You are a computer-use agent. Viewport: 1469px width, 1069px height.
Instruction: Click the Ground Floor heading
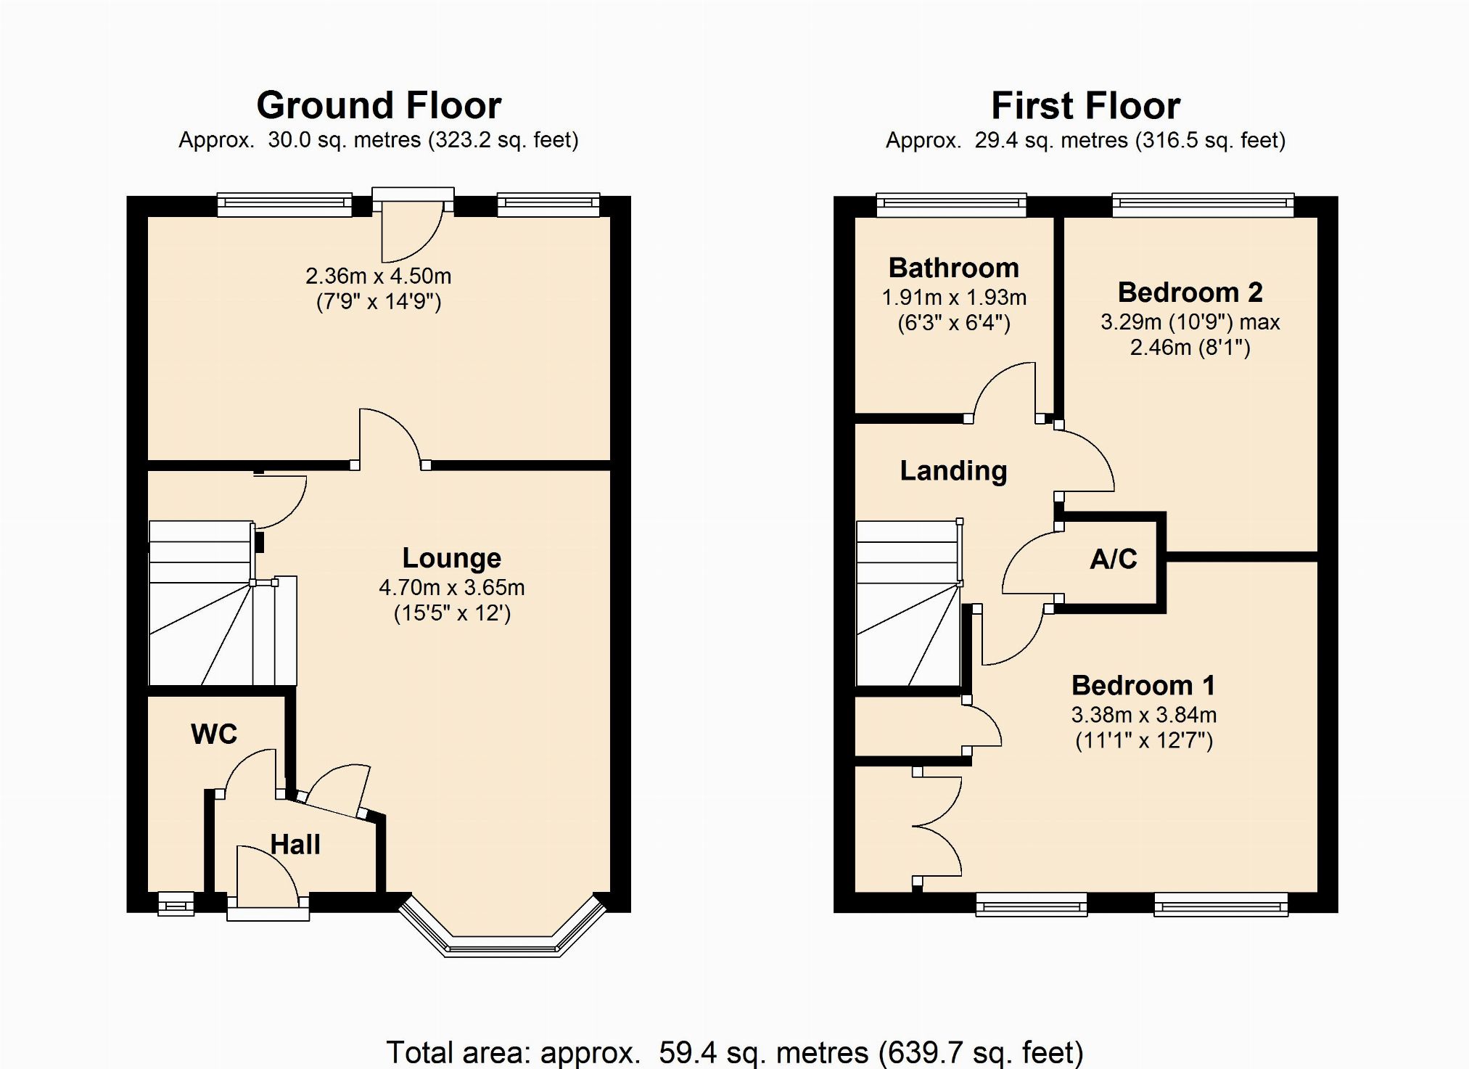click(379, 106)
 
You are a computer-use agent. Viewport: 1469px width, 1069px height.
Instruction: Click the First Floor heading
click(1085, 106)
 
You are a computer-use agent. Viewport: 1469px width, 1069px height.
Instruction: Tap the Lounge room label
click(452, 557)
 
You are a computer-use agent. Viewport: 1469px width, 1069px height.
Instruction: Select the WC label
click(214, 734)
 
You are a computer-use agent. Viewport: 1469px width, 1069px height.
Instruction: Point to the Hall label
click(295, 844)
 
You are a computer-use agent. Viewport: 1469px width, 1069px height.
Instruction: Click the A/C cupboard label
click(1114, 558)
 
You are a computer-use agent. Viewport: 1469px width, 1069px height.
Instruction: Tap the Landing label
click(953, 471)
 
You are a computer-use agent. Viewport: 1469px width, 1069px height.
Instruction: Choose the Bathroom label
click(953, 268)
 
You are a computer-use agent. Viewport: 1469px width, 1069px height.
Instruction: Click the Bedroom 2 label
click(1190, 292)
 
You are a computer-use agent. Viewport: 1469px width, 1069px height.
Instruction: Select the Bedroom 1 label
click(1143, 685)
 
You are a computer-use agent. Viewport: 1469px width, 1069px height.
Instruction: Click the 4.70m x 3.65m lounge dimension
click(452, 587)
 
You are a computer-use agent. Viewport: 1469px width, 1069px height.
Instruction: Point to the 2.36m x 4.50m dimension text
click(378, 276)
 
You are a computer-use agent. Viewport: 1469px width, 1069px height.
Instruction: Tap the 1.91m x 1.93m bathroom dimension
click(954, 297)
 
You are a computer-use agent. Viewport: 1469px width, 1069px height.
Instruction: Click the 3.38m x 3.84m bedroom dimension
click(1144, 715)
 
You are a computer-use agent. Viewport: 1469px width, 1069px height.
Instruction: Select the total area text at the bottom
click(734, 1052)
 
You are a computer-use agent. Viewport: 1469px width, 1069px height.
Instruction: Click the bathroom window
click(951, 205)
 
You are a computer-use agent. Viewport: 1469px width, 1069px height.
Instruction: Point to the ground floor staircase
click(223, 602)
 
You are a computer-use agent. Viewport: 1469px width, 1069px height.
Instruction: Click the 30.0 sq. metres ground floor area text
click(344, 139)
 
